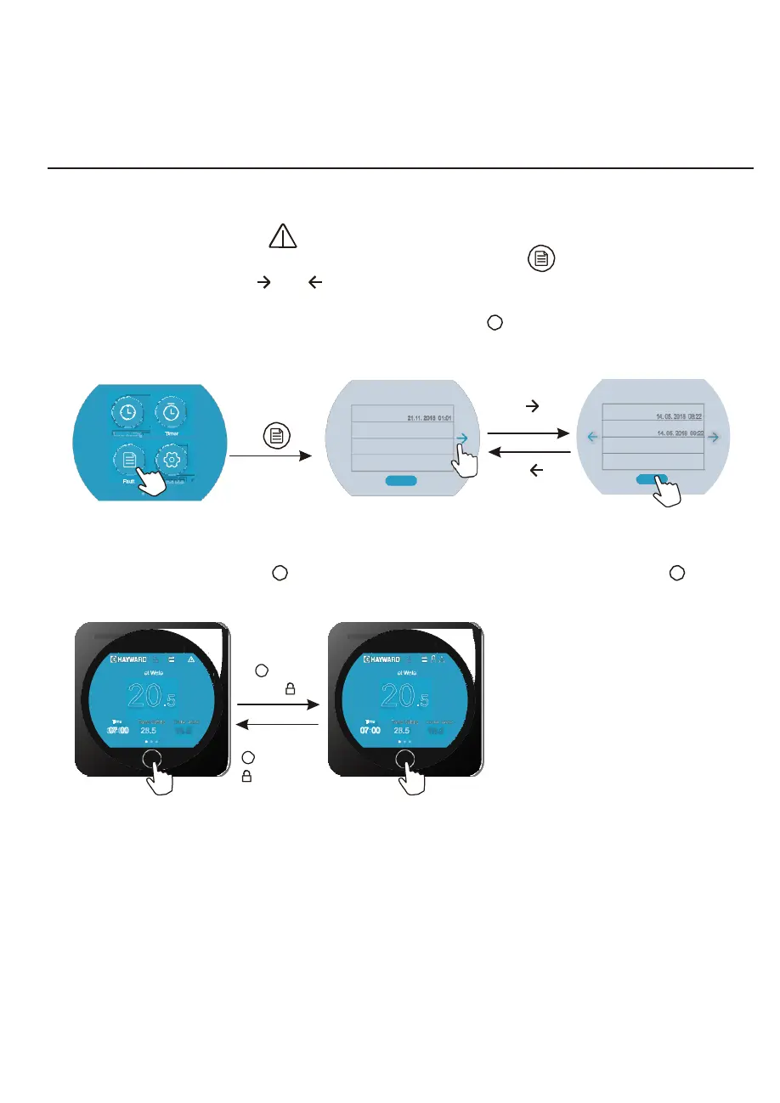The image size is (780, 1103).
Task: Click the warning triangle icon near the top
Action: (x=283, y=237)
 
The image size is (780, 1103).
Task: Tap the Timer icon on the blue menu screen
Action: (x=172, y=412)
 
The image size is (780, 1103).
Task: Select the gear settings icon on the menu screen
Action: (x=172, y=461)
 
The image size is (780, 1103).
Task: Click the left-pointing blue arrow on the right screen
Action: (x=592, y=437)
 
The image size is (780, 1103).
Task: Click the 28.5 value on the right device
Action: (x=403, y=729)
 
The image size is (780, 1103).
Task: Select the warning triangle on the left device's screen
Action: (x=192, y=659)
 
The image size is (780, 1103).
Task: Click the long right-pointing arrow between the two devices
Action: (x=278, y=704)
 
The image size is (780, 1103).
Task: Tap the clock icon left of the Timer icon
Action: (x=127, y=412)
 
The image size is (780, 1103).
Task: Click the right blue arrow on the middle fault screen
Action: (x=461, y=438)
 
